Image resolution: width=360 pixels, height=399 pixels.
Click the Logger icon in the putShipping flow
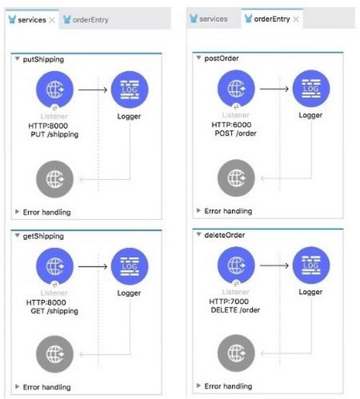[130, 89]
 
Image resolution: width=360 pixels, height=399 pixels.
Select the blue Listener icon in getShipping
[55, 266]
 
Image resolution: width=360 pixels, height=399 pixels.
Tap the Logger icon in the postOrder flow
[311, 89]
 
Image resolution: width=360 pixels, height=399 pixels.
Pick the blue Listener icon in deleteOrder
[236, 265]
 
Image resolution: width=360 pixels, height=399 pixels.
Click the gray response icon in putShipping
[55, 179]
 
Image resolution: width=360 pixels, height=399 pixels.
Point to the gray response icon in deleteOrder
[236, 353]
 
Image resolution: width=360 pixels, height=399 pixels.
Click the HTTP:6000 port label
[232, 125]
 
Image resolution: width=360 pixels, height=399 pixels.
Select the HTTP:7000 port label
[229, 302]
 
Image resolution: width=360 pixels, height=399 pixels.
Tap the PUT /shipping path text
[55, 135]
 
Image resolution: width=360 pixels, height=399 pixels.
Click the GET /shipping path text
[55, 311]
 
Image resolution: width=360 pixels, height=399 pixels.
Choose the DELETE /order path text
[235, 310]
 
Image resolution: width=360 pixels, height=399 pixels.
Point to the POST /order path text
[235, 133]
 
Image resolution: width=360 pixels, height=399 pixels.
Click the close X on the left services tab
[52, 20]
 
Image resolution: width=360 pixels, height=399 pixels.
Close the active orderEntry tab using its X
[296, 19]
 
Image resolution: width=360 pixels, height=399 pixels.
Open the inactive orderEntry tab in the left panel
[86, 19]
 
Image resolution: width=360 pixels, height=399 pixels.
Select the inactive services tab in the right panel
[209, 19]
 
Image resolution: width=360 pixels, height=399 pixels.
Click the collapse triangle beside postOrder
[199, 58]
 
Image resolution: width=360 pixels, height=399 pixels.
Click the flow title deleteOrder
[225, 235]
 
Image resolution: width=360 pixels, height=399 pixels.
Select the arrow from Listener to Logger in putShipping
[93, 89]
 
